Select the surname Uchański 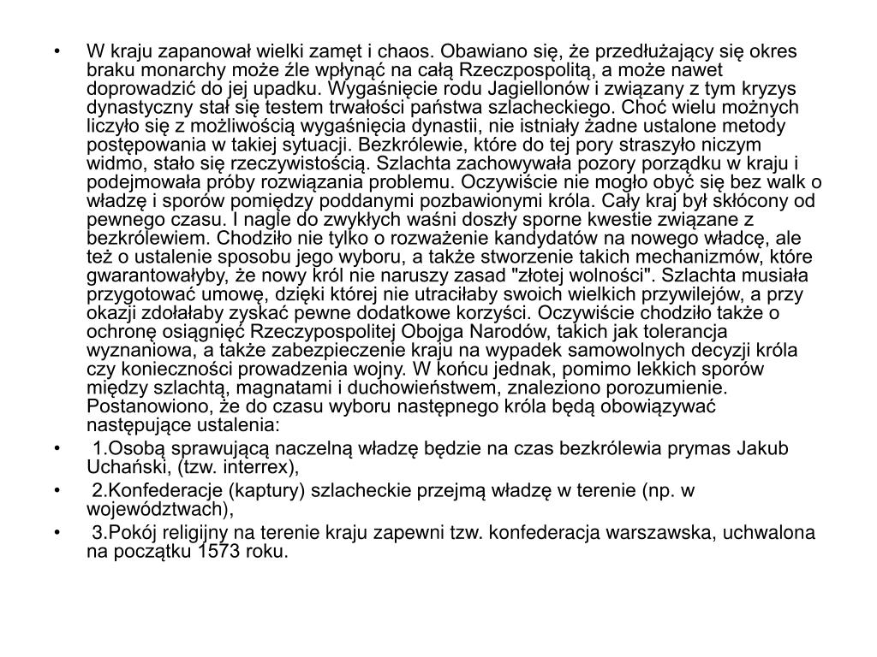pyautogui.click(x=124, y=466)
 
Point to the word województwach pyautogui.click(x=158, y=509)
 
